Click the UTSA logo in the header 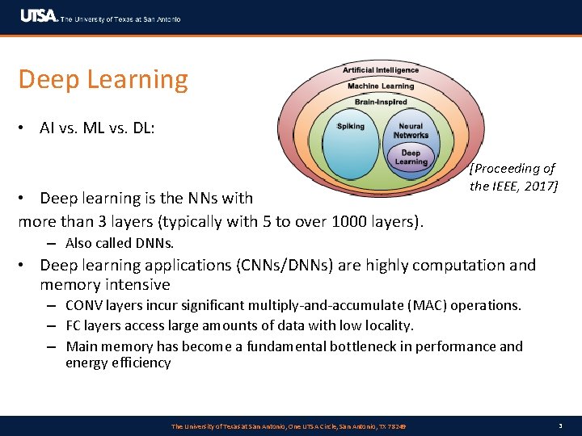tap(39, 17)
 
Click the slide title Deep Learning tap(103, 80)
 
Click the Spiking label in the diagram tap(351, 127)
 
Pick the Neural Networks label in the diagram tap(411, 131)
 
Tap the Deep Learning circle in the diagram tap(411, 157)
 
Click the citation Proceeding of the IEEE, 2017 tap(513, 178)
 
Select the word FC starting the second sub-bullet tap(74, 325)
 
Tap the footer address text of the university tap(289, 426)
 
